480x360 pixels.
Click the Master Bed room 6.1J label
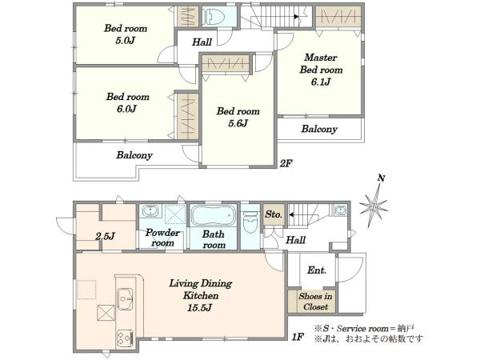point(321,70)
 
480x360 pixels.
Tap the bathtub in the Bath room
point(213,215)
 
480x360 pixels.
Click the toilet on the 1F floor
point(250,224)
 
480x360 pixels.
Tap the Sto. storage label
point(274,214)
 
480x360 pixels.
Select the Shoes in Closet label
point(315,302)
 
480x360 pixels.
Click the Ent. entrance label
point(317,270)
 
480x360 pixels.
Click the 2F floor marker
point(286,164)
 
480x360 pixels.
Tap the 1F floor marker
point(298,338)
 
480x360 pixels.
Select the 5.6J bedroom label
point(238,117)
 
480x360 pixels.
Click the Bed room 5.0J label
point(126,34)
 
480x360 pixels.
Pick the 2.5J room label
point(105,236)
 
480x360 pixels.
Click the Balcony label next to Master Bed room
point(319,129)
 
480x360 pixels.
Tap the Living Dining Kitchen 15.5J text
point(201,295)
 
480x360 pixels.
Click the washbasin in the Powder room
point(150,211)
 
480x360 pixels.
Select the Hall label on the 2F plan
point(202,42)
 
